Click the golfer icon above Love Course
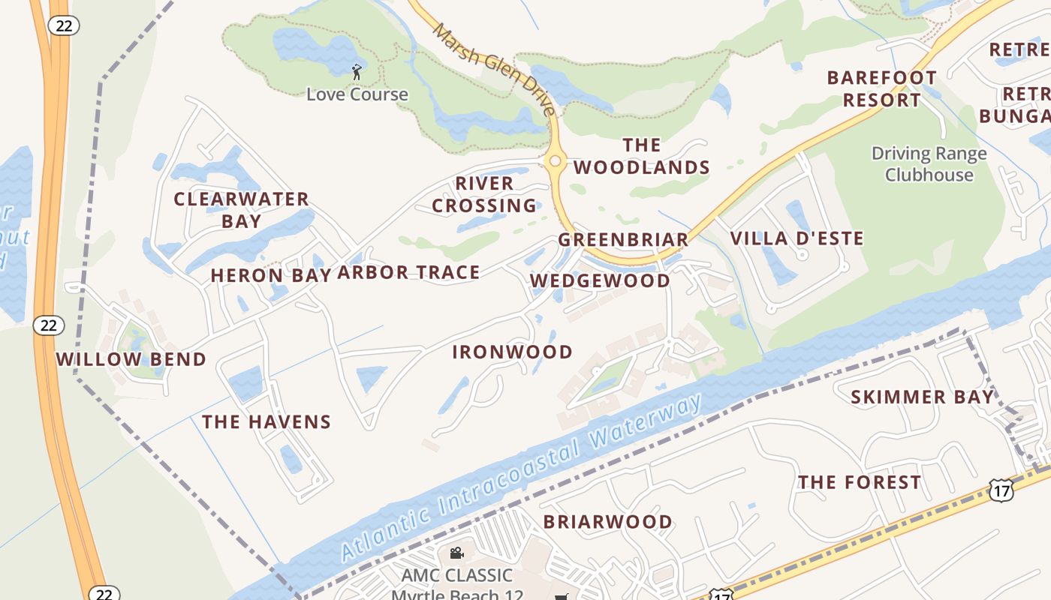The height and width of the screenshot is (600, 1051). (x=357, y=72)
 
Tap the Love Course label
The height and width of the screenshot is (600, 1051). (x=357, y=94)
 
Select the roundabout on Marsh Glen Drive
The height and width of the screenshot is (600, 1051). (x=555, y=160)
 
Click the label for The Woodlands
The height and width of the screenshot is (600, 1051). (x=642, y=156)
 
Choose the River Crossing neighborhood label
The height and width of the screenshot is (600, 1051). (x=484, y=194)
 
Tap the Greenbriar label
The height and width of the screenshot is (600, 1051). (x=623, y=240)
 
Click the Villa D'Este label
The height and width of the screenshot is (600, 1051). (x=797, y=238)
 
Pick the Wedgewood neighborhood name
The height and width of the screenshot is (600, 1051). (x=601, y=280)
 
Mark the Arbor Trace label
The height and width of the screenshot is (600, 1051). (x=408, y=272)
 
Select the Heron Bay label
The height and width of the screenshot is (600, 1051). (x=271, y=275)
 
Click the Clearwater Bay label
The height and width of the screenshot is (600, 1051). (x=241, y=210)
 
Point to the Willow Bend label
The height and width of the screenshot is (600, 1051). (x=131, y=359)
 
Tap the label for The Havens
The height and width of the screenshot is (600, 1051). (x=267, y=422)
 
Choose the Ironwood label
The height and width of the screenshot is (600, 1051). (x=513, y=352)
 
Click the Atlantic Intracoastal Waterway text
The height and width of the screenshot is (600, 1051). (x=522, y=478)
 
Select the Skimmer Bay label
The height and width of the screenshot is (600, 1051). (x=922, y=397)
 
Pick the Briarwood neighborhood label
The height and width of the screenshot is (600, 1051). (x=608, y=521)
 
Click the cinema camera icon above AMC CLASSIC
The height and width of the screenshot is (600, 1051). (x=456, y=553)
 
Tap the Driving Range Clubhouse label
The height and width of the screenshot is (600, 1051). (x=929, y=164)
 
